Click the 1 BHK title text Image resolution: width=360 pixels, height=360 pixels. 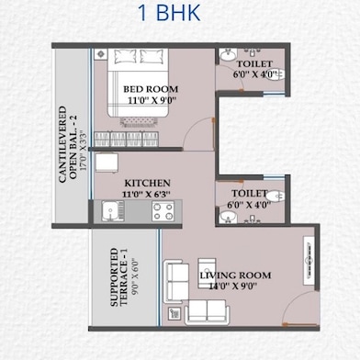click(x=179, y=16)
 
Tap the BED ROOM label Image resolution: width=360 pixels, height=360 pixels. click(x=151, y=89)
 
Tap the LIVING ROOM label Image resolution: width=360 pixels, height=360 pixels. click(x=234, y=275)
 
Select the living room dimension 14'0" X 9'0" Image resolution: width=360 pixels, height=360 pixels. click(x=234, y=287)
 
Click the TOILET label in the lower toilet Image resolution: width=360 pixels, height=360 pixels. click(x=251, y=194)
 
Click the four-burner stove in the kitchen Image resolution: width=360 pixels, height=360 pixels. click(x=163, y=211)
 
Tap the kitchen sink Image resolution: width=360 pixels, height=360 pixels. click(x=110, y=211)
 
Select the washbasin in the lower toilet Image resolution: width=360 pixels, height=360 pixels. click(x=228, y=217)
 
